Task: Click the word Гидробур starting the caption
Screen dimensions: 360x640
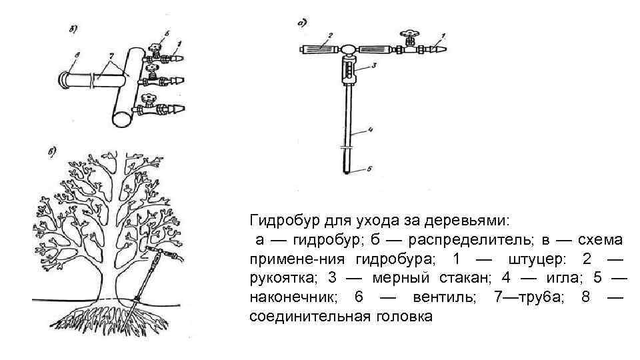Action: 279,219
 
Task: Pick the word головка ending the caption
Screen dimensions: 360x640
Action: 401,316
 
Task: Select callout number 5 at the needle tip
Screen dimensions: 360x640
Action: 371,170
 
